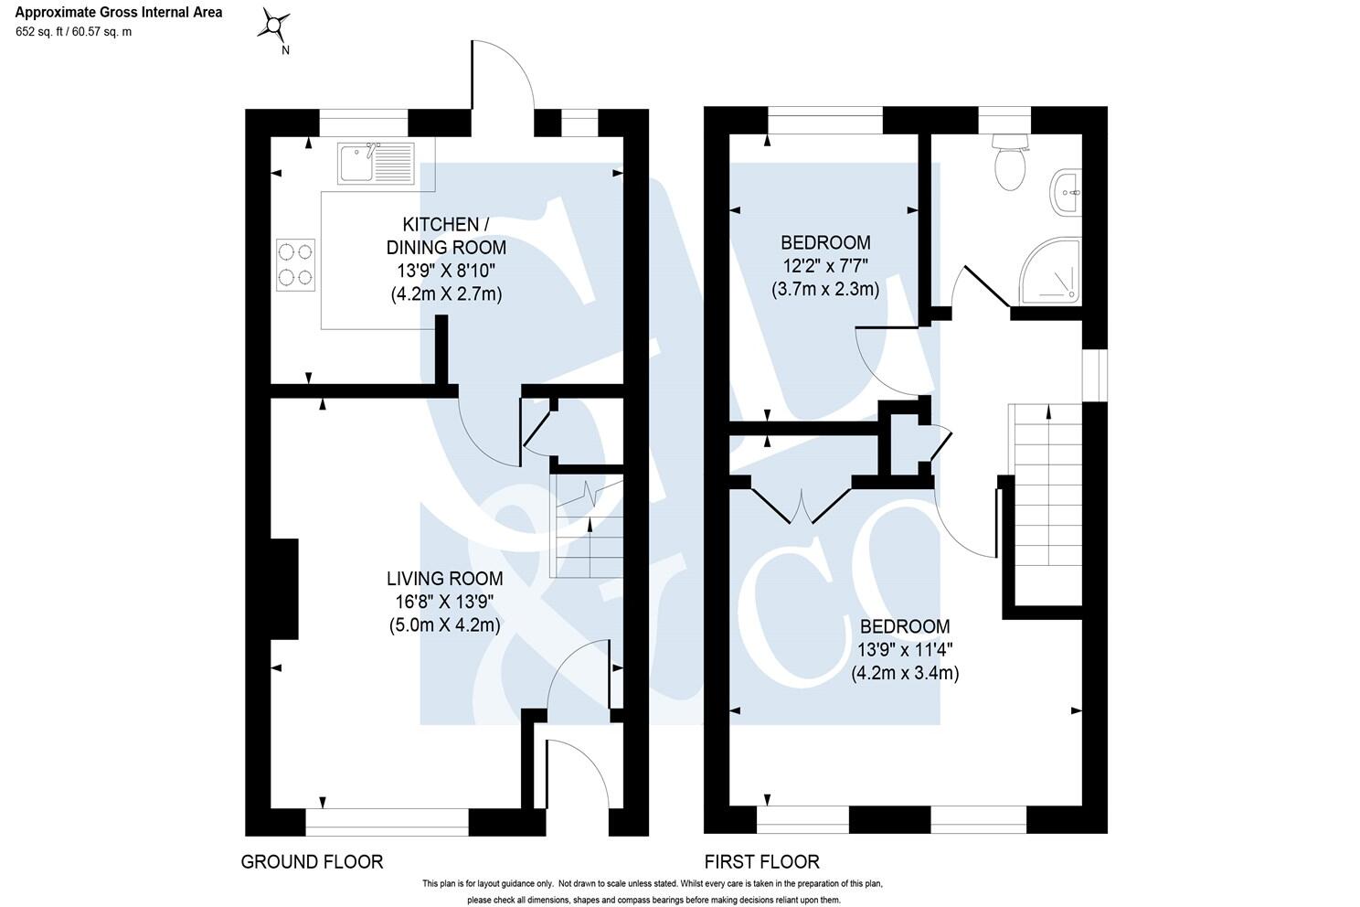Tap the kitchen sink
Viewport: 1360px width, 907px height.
[x=375, y=162]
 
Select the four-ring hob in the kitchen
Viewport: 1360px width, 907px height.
[x=296, y=265]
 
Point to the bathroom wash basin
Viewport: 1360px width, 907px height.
[x=1066, y=193]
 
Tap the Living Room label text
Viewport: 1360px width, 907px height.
[x=444, y=579]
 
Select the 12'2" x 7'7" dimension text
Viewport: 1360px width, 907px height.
[x=824, y=266]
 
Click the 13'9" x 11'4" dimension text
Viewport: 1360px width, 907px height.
[x=904, y=650]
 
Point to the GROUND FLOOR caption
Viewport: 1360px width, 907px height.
[x=312, y=861]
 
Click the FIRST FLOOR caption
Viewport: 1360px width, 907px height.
[x=761, y=861]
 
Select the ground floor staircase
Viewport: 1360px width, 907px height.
[x=586, y=530]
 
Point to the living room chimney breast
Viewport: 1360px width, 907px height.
[x=284, y=589]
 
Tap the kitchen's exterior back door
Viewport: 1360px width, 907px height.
[x=502, y=82]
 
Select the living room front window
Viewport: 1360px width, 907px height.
[x=387, y=822]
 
